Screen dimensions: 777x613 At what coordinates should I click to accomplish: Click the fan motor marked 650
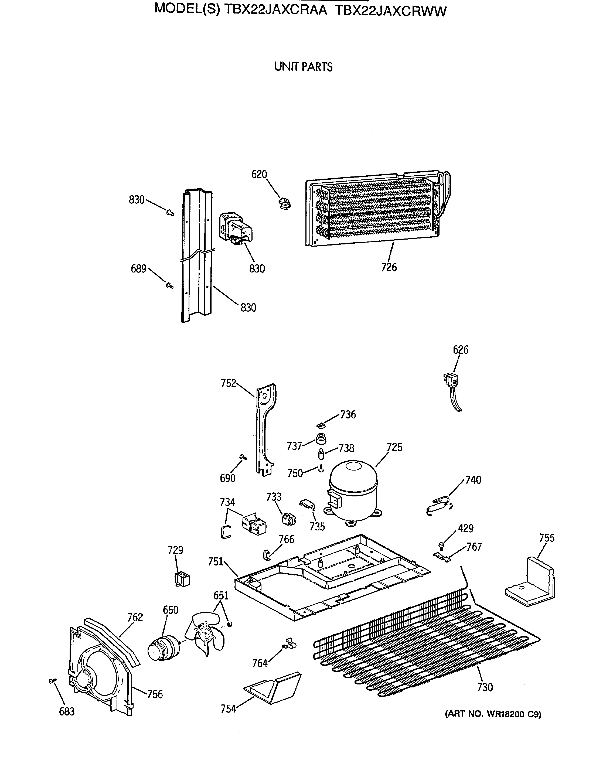pyautogui.click(x=162, y=647)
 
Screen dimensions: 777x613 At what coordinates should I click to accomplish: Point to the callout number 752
pyautogui.click(x=228, y=383)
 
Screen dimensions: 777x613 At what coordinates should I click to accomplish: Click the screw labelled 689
pyautogui.click(x=169, y=285)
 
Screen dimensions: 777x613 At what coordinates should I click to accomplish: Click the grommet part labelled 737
pyautogui.click(x=321, y=439)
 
